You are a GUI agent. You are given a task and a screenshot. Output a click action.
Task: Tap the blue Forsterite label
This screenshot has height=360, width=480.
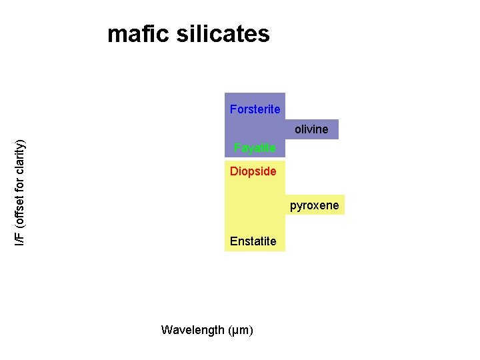pyautogui.click(x=255, y=109)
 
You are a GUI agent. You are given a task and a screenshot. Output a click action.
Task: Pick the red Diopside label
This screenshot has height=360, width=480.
pyautogui.click(x=253, y=171)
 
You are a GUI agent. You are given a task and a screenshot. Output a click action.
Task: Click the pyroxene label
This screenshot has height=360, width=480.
pyautogui.click(x=314, y=205)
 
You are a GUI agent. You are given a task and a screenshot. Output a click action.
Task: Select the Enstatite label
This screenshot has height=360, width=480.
pyautogui.click(x=253, y=241)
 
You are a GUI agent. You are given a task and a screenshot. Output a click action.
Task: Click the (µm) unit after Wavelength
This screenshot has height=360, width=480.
pyautogui.click(x=241, y=330)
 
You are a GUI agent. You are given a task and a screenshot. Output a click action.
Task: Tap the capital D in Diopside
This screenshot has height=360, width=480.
pyautogui.click(x=233, y=171)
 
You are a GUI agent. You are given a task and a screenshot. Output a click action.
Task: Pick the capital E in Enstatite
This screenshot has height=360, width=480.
pyautogui.click(x=233, y=241)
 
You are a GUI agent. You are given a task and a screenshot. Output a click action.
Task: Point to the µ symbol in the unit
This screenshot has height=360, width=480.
pyautogui.click(x=237, y=331)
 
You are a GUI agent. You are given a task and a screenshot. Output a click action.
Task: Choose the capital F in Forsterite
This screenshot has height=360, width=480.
pyautogui.click(x=233, y=109)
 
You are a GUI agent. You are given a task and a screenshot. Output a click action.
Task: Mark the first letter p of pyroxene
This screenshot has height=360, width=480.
pyautogui.click(x=293, y=206)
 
